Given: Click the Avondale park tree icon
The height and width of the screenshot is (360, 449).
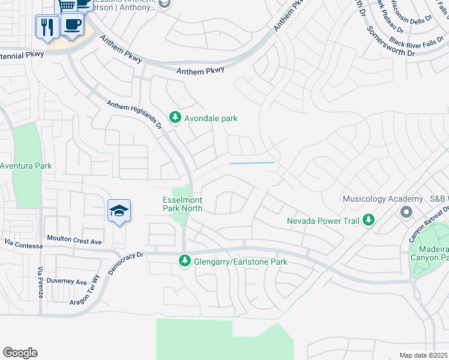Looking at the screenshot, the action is [x=175, y=118].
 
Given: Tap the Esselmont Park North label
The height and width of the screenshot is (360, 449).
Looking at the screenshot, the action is [x=182, y=204].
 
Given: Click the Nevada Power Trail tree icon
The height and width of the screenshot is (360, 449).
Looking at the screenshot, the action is [x=369, y=221].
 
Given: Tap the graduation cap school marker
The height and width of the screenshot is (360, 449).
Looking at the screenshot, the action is [x=119, y=211].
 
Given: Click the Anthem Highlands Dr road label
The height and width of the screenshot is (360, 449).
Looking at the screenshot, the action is [x=135, y=113].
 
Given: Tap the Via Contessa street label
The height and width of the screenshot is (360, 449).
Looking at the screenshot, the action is [x=23, y=244].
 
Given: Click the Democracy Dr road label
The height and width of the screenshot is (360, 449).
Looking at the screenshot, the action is [x=125, y=263].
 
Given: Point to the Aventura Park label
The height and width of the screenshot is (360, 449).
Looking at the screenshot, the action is [x=25, y=166].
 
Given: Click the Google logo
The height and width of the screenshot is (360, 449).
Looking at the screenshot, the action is [x=20, y=353].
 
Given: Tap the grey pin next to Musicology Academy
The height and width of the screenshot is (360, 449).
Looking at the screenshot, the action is [x=406, y=212].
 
